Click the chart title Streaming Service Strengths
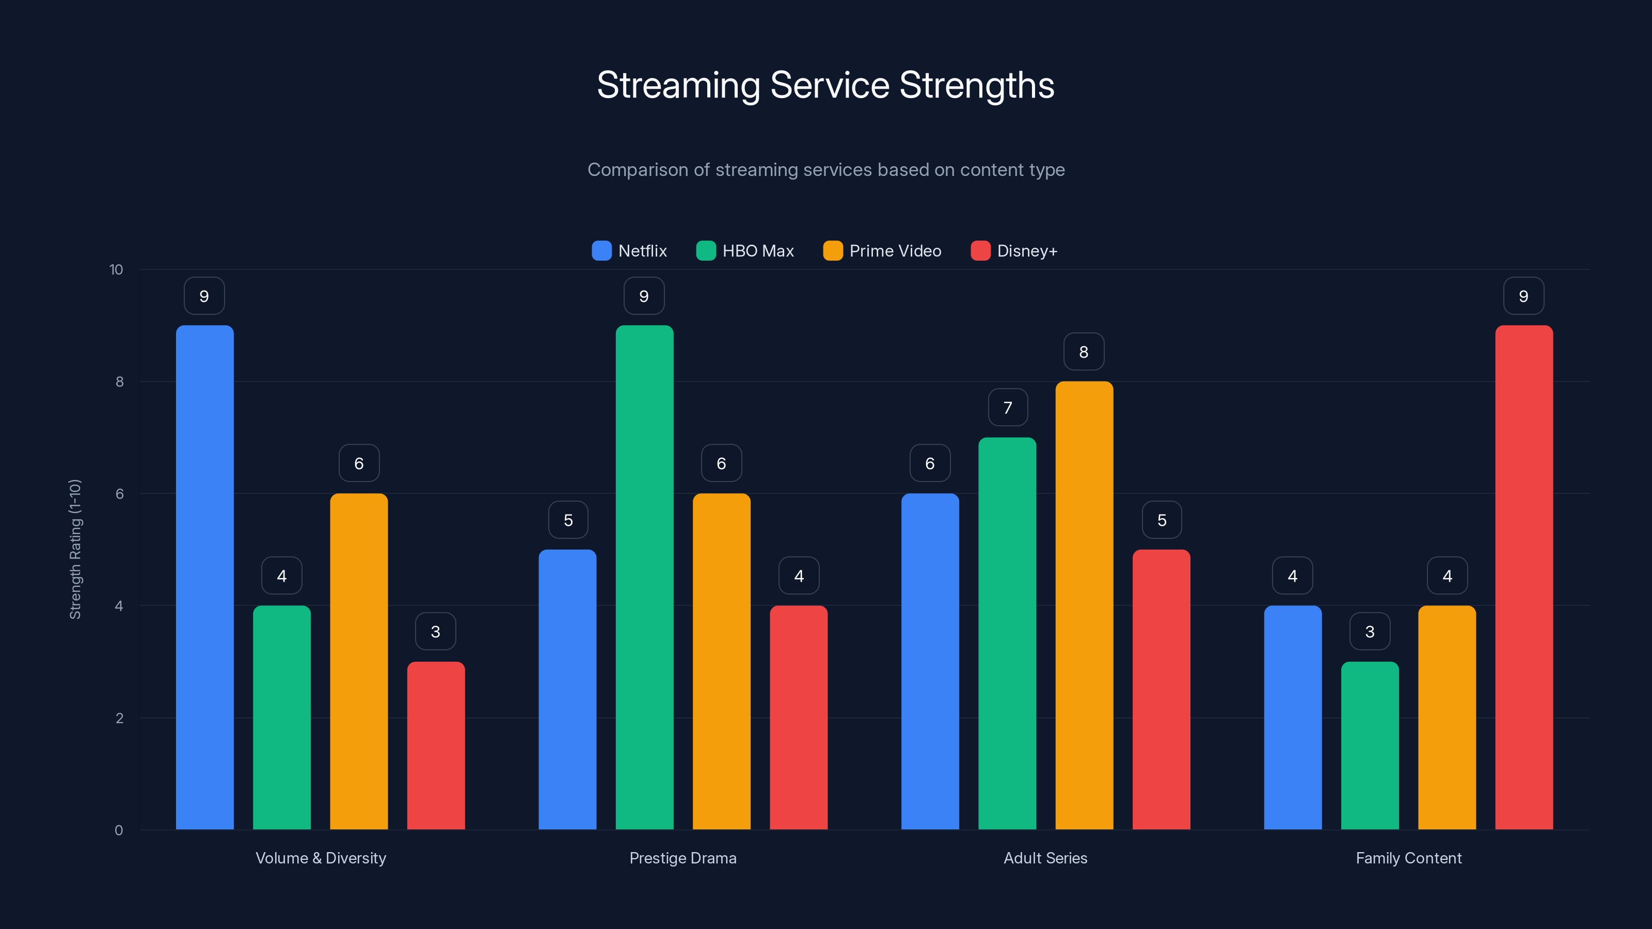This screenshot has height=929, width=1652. click(x=825, y=85)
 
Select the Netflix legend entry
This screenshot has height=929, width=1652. click(x=630, y=251)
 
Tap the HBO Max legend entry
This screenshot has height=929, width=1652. click(x=745, y=251)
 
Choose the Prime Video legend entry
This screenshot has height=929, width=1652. click(x=882, y=251)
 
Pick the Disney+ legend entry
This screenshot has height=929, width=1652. click(x=1014, y=251)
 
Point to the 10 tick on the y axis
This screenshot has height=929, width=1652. click(x=116, y=269)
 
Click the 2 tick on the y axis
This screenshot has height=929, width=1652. click(x=119, y=718)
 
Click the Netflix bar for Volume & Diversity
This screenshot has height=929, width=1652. click(x=204, y=577)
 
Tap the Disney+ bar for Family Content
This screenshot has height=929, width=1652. click(x=1524, y=577)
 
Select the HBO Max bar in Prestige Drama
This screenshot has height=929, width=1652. click(x=644, y=577)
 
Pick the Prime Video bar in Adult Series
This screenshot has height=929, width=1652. click(x=1084, y=606)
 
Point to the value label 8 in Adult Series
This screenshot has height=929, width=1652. click(x=1084, y=352)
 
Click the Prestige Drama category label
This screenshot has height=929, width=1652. click(x=683, y=858)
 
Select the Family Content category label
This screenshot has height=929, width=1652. click(x=1408, y=858)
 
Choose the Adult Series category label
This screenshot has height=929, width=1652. click(x=1045, y=858)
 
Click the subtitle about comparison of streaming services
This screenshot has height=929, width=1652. click(x=826, y=170)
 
